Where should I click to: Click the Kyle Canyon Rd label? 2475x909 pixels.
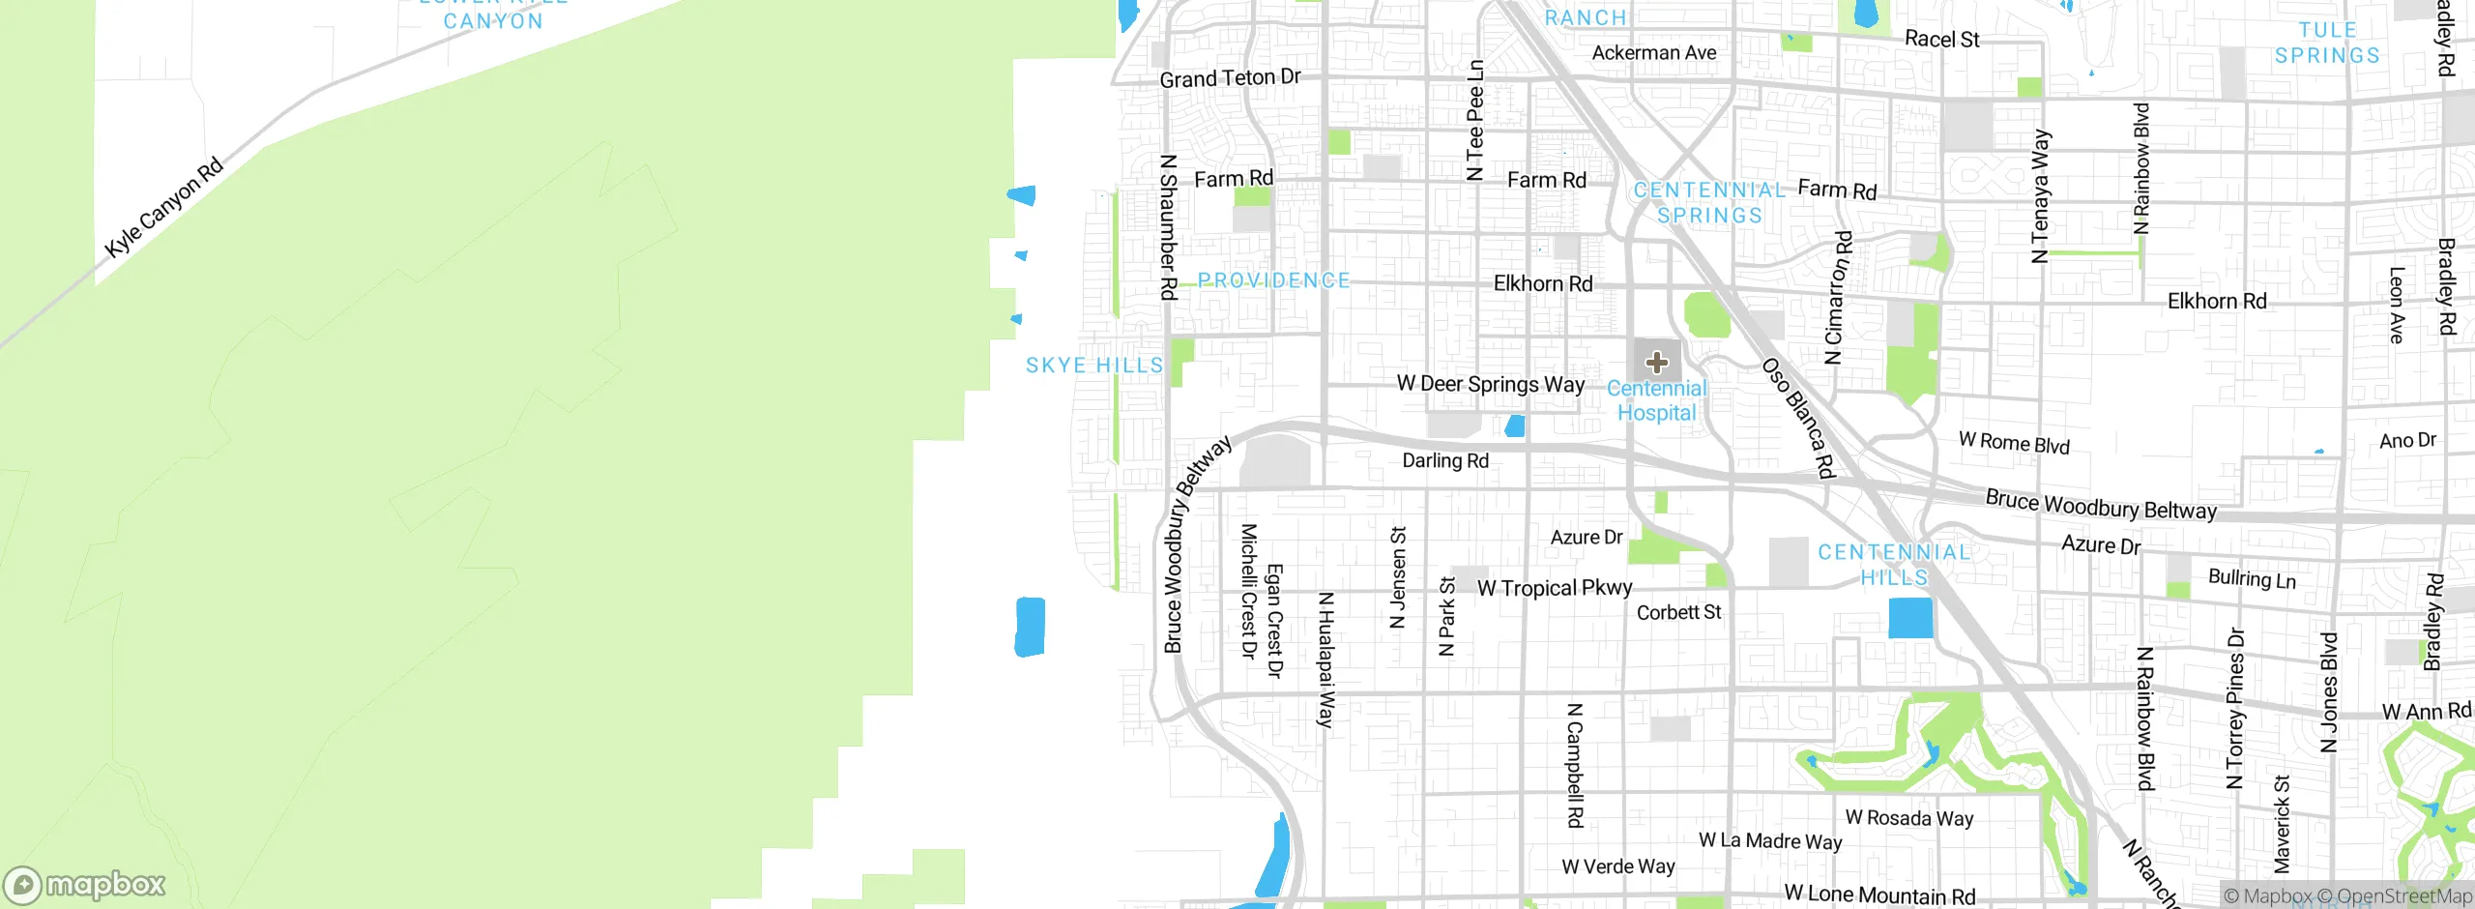click(164, 207)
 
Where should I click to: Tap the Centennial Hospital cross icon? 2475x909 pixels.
click(1657, 363)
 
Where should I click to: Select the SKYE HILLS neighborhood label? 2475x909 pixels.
click(1094, 366)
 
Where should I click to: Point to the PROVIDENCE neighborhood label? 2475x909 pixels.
click(1273, 280)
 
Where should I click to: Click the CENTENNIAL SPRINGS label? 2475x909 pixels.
click(1709, 202)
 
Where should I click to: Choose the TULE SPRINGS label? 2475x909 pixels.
click(2327, 44)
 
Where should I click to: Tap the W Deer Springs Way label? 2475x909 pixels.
click(1490, 384)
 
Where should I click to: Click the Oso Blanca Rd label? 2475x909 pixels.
click(1797, 418)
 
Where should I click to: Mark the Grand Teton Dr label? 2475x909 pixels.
click(1230, 78)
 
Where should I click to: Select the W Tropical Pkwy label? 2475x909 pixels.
click(1555, 588)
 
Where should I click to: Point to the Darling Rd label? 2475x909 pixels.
click(1445, 460)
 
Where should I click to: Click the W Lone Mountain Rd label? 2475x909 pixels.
click(1879, 894)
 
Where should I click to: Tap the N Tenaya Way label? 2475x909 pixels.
click(2040, 196)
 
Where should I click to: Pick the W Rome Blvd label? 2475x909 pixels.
click(2014, 443)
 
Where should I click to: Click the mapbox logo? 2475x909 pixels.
click(85, 885)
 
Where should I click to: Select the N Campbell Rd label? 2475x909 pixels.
click(1575, 765)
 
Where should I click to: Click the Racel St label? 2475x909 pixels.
click(1941, 40)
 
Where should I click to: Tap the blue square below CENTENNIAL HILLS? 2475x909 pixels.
click(1910, 618)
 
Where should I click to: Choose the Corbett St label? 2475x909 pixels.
click(1678, 612)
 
